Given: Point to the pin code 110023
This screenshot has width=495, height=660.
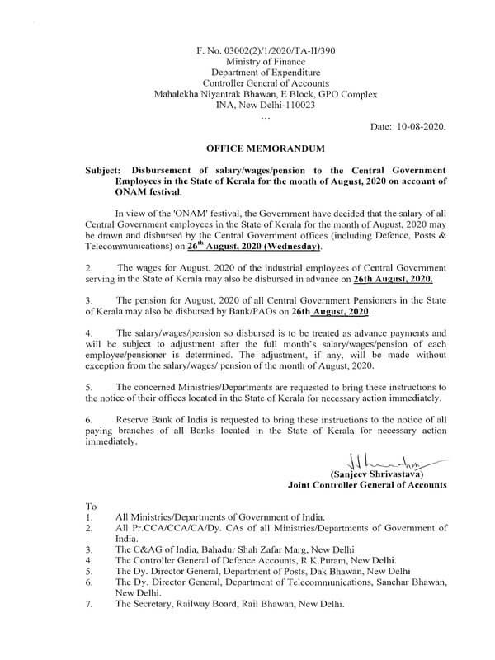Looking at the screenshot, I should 296,104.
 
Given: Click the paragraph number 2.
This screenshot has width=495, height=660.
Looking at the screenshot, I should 88,268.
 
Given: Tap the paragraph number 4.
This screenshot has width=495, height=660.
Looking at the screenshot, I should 88,335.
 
